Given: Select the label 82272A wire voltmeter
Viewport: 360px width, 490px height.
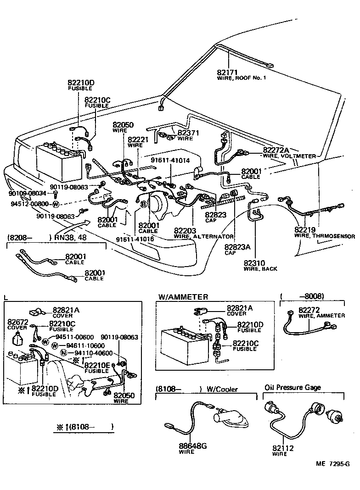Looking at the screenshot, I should point(276,150).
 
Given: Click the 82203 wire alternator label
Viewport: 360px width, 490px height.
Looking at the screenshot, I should point(185,230).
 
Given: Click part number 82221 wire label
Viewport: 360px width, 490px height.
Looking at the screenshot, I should point(138,139).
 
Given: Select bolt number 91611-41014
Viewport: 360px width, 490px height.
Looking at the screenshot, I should point(170,160).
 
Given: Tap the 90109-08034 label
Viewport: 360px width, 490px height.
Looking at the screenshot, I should point(28,194).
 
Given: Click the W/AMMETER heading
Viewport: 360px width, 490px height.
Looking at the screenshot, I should point(183,297).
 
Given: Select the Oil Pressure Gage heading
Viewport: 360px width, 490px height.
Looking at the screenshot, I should point(292,387).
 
